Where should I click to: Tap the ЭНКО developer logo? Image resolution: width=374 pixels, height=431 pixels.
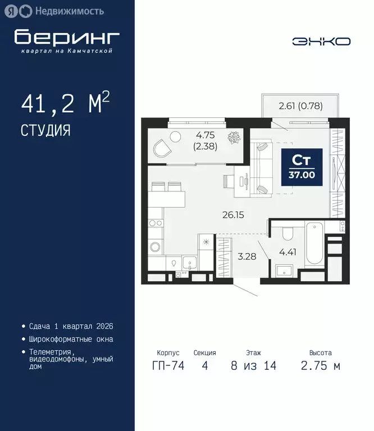coord(321,41)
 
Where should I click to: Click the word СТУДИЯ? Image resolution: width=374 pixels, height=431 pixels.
coord(45,131)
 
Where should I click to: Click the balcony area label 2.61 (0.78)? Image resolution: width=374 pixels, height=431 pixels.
coord(300,105)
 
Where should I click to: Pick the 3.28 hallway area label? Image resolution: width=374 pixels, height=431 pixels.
coord(247,256)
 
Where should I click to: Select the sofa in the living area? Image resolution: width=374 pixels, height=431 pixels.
coord(262,167)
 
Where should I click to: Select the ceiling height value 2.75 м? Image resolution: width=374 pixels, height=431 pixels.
coord(320,366)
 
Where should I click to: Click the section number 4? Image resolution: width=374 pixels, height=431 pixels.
coord(204,366)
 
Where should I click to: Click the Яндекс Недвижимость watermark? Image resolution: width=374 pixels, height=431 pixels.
coord(56,11)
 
